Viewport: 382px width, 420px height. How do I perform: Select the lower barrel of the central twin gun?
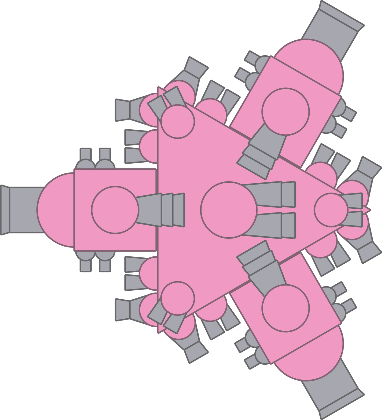coord(271,225)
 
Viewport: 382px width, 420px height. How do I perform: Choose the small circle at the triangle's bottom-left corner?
coord(177,298)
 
